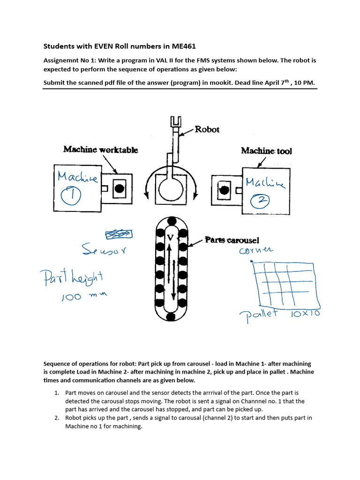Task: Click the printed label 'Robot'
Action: point(207,129)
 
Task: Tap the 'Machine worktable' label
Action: point(101,150)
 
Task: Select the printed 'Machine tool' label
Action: point(266,150)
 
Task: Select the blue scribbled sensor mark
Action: point(119,234)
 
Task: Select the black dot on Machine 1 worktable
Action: point(120,188)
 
